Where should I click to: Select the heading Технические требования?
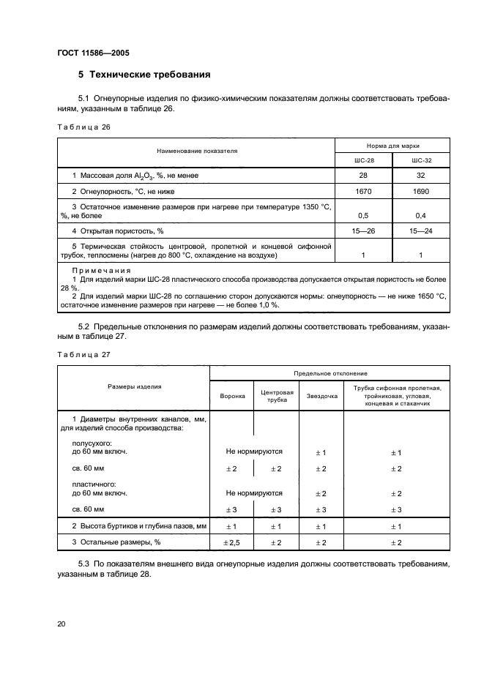coord(145,74)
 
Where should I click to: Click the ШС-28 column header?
coord(363,160)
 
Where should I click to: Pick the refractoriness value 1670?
coord(363,191)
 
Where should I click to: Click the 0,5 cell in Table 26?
coord(363,216)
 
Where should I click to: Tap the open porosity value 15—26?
coord(363,232)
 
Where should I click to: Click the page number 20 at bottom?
coord(62,624)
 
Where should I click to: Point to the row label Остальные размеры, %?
coord(116,542)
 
